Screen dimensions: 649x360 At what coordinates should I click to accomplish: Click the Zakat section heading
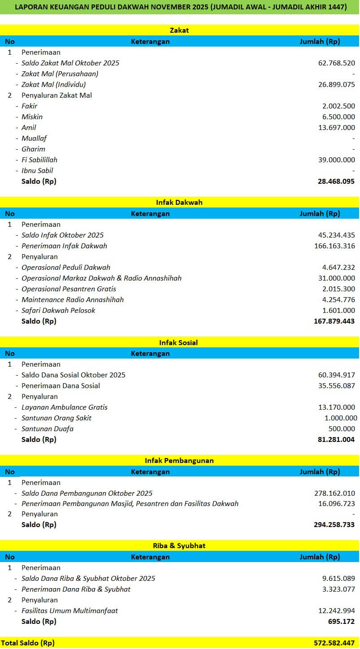[x=179, y=30]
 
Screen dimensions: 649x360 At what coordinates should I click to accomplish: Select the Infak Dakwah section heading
[x=179, y=203]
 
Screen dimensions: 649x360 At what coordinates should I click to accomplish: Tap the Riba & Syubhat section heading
[x=179, y=546]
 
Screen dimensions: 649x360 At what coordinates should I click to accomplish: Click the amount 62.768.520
[x=337, y=63]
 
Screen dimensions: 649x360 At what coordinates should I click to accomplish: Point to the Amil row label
[x=29, y=128]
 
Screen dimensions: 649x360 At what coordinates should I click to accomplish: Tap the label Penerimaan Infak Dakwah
[x=64, y=246]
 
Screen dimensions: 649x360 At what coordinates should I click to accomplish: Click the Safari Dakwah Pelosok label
[x=58, y=311]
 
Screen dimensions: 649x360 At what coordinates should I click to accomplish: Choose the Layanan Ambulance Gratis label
[x=65, y=407]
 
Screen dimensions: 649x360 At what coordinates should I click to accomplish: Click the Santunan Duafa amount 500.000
[x=343, y=429]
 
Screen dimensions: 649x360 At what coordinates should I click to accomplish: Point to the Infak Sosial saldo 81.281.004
[x=336, y=440]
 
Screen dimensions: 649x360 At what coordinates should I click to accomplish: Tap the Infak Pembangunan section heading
[x=179, y=461]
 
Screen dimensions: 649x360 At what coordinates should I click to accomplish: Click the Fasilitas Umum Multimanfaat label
[x=69, y=611]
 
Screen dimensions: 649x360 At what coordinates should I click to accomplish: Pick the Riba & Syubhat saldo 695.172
[x=342, y=622]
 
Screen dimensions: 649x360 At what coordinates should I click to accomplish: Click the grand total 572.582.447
[x=334, y=643]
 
